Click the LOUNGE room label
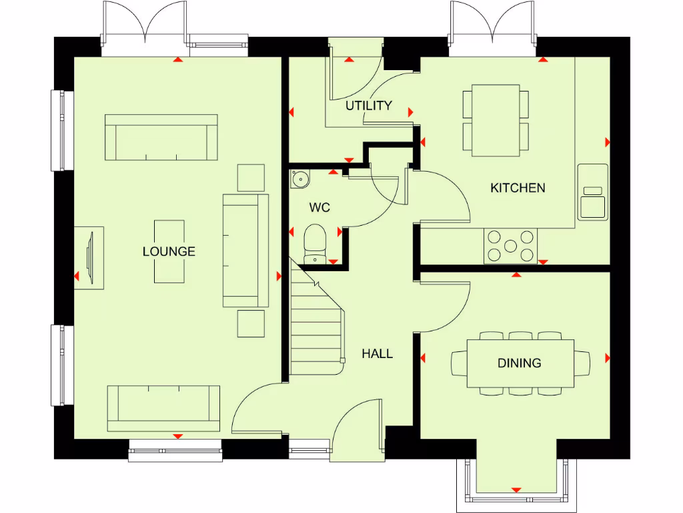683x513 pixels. (x=169, y=252)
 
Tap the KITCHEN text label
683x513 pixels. (x=518, y=188)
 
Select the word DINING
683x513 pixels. (x=519, y=363)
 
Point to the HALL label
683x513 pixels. (x=377, y=354)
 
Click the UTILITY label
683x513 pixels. (x=368, y=106)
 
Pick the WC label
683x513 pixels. (x=319, y=208)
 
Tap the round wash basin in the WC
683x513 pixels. (x=300, y=178)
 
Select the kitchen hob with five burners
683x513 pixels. (x=510, y=246)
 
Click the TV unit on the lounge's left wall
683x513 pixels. (x=92, y=258)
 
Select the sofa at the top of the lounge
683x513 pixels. (x=161, y=137)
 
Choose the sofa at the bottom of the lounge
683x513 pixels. (x=163, y=407)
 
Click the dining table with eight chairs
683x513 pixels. (x=520, y=363)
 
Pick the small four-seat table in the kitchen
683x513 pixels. (x=496, y=120)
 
